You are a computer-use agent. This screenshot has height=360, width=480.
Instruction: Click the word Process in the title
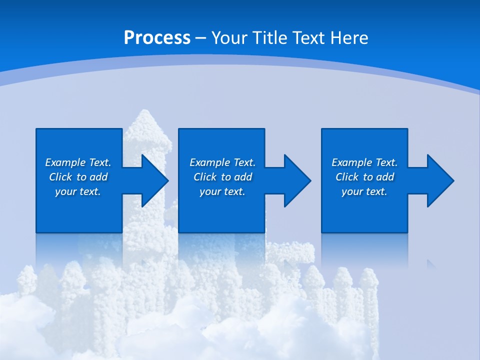point(157,38)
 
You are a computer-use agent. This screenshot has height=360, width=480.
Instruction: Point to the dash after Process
point(200,38)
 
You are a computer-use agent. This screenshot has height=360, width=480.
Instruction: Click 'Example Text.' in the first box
point(78,162)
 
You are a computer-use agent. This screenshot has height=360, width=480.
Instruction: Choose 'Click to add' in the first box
point(78,177)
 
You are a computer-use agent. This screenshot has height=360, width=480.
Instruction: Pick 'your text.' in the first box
point(78,191)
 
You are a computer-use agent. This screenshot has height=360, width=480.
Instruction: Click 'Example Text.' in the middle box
point(222,162)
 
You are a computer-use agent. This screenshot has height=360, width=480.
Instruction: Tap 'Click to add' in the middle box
point(222,177)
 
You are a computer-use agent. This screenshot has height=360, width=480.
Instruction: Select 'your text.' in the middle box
point(222,191)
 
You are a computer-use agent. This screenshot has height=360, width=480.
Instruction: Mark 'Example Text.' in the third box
point(364,162)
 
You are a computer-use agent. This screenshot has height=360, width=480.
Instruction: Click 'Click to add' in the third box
point(364,177)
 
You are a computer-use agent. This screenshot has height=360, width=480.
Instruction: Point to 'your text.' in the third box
point(364,191)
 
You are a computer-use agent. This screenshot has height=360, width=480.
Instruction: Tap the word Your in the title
point(227,38)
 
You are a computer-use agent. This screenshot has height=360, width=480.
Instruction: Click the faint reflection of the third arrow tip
point(430,263)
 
